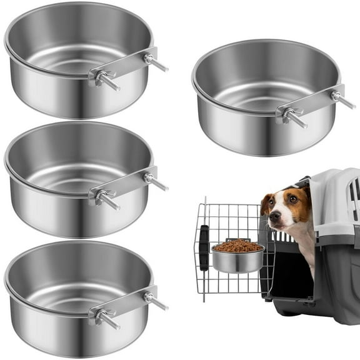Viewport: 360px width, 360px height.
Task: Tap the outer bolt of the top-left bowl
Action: pyautogui.click(x=156, y=62)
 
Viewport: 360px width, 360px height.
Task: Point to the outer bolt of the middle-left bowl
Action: pyautogui.click(x=156, y=182)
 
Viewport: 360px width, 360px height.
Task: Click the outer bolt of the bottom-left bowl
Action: pyautogui.click(x=156, y=302)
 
